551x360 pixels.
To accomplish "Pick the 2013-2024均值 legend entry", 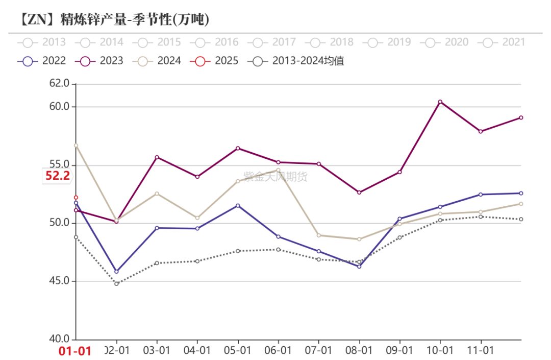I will click(x=296, y=61).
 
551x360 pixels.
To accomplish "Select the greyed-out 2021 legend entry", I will click(x=503, y=42).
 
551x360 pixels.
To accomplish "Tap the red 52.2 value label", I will click(x=58, y=176).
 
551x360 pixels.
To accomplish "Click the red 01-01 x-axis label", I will click(x=75, y=351).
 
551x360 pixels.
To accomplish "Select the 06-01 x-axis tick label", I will click(x=278, y=351).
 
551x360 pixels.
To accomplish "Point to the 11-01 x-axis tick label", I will click(x=481, y=351).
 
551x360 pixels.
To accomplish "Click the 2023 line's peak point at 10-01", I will click(x=440, y=102).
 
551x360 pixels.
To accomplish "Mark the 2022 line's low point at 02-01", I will click(x=116, y=272).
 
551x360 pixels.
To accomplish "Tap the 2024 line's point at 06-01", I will click(x=278, y=170).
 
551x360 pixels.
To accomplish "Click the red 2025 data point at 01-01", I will click(x=76, y=197).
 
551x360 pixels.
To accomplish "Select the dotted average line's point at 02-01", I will click(x=116, y=283).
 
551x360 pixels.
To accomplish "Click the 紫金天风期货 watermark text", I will click(x=275, y=177).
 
